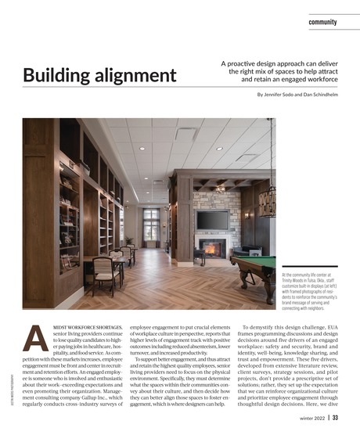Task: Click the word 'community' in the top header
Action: click(322, 23)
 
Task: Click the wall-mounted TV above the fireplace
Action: click(212, 220)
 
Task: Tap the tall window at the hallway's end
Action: click(151, 224)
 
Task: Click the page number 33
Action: click(335, 418)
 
